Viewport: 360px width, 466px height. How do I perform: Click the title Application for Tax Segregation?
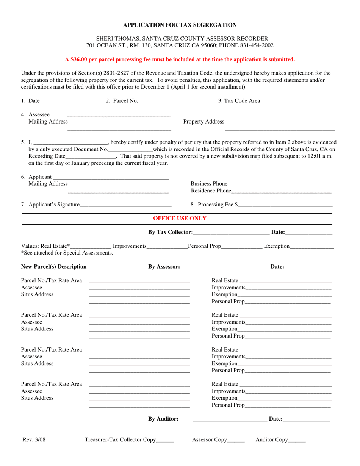pyautogui.click(x=180, y=25)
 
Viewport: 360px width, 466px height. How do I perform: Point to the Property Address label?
pyautogui.click(x=203, y=122)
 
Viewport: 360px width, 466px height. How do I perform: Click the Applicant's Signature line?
pyautogui.click(x=125, y=205)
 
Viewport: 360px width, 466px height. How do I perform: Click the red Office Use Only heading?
pyautogui.click(x=180, y=218)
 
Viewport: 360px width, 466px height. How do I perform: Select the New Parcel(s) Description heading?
pyautogui.click(x=54, y=267)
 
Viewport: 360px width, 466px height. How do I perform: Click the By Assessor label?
pyautogui.click(x=164, y=267)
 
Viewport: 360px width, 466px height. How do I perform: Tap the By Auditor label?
pyautogui.click(x=163, y=419)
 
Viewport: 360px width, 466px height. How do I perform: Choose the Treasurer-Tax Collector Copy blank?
pyautogui.click(x=165, y=441)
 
